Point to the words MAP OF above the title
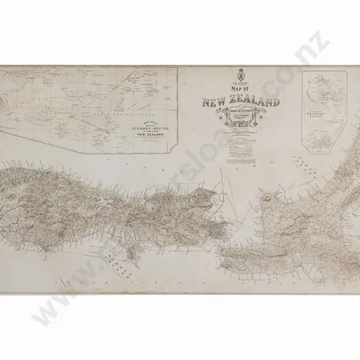[242, 92]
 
